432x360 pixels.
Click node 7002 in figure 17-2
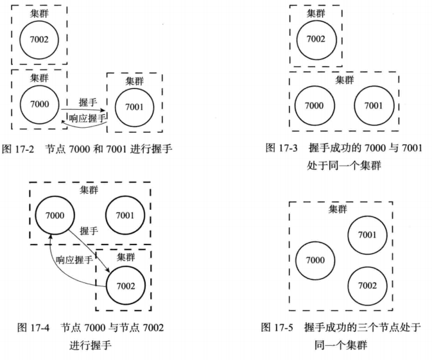(39, 39)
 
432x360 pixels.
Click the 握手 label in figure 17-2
(87, 103)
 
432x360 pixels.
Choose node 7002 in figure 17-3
(315, 39)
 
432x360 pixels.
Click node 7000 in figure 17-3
(315, 105)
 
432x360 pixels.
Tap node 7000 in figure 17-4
(56, 215)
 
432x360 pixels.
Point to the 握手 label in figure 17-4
(89, 231)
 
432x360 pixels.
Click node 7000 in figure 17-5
(315, 260)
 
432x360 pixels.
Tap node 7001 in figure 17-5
(367, 234)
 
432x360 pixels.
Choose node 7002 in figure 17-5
(367, 285)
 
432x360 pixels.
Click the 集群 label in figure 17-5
(338, 209)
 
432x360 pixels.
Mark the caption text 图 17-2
(21, 150)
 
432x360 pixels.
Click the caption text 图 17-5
(277, 327)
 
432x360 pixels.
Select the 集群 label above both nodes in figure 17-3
(344, 80)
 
